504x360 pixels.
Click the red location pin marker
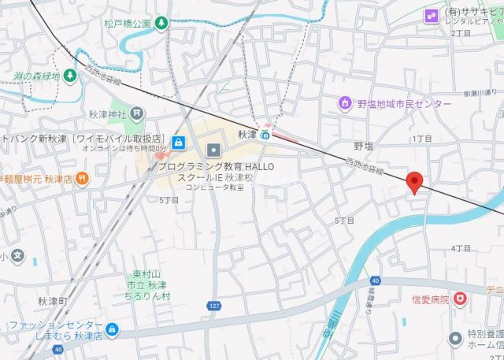point(416,181)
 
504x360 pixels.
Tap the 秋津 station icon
point(265,135)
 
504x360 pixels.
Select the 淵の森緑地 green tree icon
point(69,76)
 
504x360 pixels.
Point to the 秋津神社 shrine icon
point(139,113)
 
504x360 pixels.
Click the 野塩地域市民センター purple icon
point(344,103)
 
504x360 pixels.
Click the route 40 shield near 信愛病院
point(376,280)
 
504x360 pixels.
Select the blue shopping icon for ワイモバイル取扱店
point(180,143)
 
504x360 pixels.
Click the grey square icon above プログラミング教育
point(213,149)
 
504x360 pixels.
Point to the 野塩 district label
point(363,146)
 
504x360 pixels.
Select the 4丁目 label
point(461,248)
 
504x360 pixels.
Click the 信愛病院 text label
point(430,299)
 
